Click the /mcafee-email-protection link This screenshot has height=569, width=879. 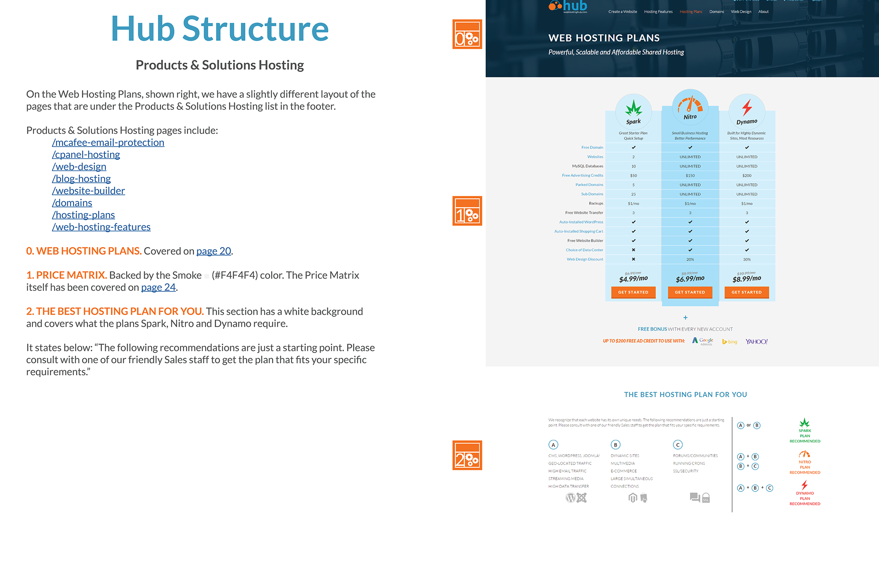pyautogui.click(x=108, y=142)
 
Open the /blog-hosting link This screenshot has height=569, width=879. pyautogui.click(x=81, y=179)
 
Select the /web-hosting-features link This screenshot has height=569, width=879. pyautogui.click(x=101, y=227)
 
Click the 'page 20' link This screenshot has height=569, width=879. pyautogui.click(x=214, y=251)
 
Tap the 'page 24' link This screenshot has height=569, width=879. pyautogui.click(x=158, y=287)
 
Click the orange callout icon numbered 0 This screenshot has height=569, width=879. pyautogui.click(x=467, y=34)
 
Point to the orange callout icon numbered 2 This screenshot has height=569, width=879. pyautogui.click(x=467, y=455)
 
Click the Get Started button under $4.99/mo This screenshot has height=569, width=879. pyautogui.click(x=633, y=292)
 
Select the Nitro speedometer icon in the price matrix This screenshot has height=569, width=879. pyautogui.click(x=690, y=105)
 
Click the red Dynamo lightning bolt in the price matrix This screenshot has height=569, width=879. pyautogui.click(x=747, y=108)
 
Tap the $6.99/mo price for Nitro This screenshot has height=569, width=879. pyautogui.click(x=690, y=279)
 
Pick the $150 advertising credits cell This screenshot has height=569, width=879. pyautogui.click(x=690, y=175)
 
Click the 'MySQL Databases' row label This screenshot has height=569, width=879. pyautogui.click(x=587, y=166)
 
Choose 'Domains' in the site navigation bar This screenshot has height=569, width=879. pyautogui.click(x=716, y=12)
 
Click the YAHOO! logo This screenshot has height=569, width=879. pyautogui.click(x=756, y=342)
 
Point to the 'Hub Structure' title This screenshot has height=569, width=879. pyautogui.click(x=220, y=29)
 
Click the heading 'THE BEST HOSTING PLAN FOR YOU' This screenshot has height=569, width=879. pyautogui.click(x=685, y=394)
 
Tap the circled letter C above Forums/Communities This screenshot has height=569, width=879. pyautogui.click(x=678, y=445)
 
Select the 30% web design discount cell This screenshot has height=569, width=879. pyautogui.click(x=747, y=260)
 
